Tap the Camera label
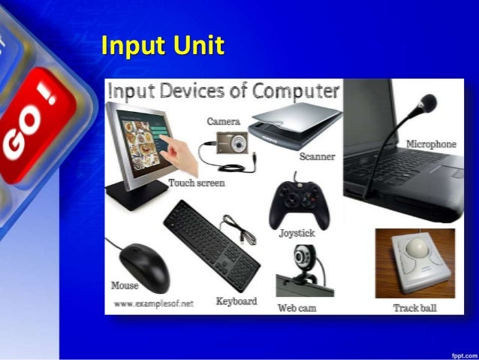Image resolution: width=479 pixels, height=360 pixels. click(x=223, y=121)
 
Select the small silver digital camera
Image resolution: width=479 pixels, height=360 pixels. click(x=232, y=141)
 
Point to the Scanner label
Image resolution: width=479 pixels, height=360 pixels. click(x=317, y=156)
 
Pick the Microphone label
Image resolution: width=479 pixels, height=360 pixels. click(x=431, y=144)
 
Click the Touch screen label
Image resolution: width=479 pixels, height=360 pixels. click(x=197, y=183)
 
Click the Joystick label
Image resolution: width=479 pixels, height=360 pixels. click(x=297, y=233)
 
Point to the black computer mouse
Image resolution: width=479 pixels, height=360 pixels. click(x=145, y=264)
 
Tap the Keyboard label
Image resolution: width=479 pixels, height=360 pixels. click(x=236, y=301)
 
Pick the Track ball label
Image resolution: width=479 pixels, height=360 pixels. click(x=414, y=308)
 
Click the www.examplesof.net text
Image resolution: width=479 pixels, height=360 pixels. click(x=154, y=303)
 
